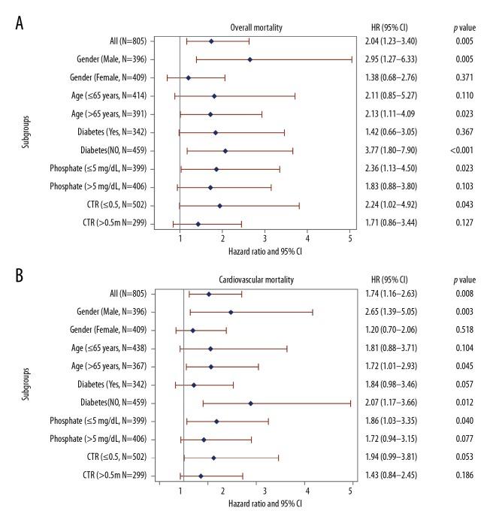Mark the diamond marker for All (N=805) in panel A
[x=211, y=41]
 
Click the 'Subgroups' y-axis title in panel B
[x=27, y=385]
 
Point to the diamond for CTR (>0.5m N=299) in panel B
[x=201, y=476]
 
